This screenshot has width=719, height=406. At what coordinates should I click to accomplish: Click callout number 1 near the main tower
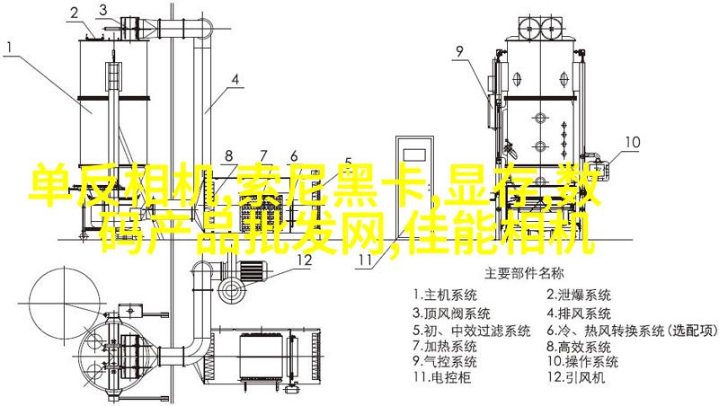pyautogui.click(x=10, y=48)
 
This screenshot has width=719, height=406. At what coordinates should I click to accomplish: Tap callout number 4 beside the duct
pyautogui.click(x=235, y=80)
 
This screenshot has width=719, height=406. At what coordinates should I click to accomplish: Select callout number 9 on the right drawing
pyautogui.click(x=458, y=52)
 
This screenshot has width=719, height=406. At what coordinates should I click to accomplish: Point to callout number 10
pyautogui.click(x=633, y=142)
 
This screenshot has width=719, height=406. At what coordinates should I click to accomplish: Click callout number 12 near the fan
pyautogui.click(x=304, y=260)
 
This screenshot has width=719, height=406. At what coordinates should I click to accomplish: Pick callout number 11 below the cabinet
pyautogui.click(x=365, y=260)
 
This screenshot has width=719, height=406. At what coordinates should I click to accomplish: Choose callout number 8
pyautogui.click(x=229, y=155)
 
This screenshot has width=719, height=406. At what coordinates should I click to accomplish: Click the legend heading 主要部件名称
pyautogui.click(x=524, y=274)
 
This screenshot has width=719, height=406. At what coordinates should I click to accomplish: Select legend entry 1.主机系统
pyautogui.click(x=445, y=295)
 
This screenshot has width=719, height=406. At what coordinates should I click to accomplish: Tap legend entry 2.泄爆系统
pyautogui.click(x=578, y=295)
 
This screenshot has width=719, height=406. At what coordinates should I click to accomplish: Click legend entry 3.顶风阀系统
pyautogui.click(x=452, y=313)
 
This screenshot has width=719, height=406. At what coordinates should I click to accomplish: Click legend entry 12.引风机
pyautogui.click(x=576, y=377)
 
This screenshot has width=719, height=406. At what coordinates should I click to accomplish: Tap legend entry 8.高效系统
pyautogui.click(x=578, y=345)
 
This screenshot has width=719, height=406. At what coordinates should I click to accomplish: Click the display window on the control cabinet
pyautogui.click(x=414, y=154)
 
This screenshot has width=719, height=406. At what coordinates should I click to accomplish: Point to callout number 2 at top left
pyautogui.click(x=75, y=13)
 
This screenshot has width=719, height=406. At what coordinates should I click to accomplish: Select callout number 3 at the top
pyautogui.click(x=103, y=9)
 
